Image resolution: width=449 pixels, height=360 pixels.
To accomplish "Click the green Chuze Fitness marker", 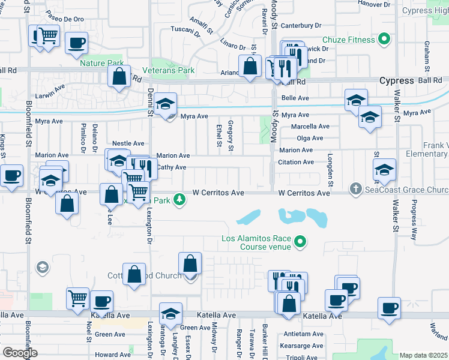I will point(384,41).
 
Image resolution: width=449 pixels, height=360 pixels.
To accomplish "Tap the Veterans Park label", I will point(173,70).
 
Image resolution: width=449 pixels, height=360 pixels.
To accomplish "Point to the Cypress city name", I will point(396,80).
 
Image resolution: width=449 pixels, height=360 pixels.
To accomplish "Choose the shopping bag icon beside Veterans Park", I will point(119,76).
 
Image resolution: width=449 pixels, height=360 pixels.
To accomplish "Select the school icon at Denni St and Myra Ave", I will point(165,104).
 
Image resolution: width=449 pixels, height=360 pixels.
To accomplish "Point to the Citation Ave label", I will point(295,162).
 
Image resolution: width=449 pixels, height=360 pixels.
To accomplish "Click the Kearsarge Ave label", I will point(303,346).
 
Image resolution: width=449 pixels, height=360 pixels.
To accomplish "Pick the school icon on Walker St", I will point(384,170).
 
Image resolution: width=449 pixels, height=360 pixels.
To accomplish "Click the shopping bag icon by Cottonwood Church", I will point(134,274).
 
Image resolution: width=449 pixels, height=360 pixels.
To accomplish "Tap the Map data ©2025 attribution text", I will point(423,355).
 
